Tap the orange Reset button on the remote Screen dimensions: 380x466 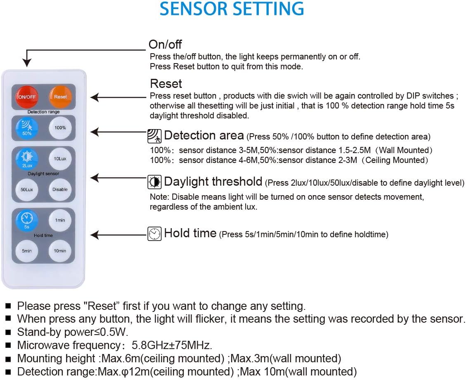60,97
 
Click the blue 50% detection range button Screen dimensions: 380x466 27,127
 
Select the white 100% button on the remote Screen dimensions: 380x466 60,127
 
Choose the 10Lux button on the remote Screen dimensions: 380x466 60,159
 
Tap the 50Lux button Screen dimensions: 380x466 27,189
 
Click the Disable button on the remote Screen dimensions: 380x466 60,189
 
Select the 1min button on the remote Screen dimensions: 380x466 60,220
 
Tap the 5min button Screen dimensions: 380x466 27,251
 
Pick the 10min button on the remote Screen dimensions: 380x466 60,251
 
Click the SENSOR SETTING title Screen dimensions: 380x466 232,9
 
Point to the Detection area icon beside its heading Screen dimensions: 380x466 155,136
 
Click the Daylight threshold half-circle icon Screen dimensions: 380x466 155,182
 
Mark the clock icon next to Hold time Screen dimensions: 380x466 155,234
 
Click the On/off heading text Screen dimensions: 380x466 165,44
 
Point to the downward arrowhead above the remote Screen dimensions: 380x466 27,63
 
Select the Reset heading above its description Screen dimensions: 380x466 166,84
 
